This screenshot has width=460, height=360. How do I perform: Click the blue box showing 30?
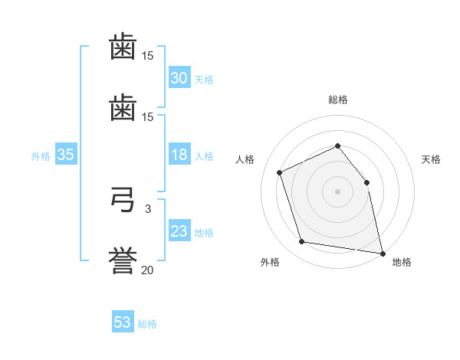click(x=179, y=77)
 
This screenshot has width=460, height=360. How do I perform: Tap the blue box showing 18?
click(x=179, y=154)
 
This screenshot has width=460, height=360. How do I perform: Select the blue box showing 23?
click(x=179, y=230)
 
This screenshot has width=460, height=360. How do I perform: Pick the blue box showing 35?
click(x=66, y=154)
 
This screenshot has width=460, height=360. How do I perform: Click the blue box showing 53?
click(x=123, y=321)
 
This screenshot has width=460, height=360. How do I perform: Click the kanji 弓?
click(x=123, y=200)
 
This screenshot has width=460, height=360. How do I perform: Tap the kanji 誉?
click(x=123, y=260)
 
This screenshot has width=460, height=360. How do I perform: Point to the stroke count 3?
click(x=148, y=209)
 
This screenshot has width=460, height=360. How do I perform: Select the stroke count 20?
click(x=147, y=270)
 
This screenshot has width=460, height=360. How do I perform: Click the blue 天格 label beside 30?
click(x=204, y=80)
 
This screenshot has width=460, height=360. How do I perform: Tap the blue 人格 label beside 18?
click(x=204, y=156)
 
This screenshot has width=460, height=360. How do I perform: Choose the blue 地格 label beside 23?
click(x=204, y=233)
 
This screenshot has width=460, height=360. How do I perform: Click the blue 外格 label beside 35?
click(x=41, y=156)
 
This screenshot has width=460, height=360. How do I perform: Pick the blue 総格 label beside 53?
click(x=147, y=324)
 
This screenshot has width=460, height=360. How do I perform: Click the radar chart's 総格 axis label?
click(x=338, y=100)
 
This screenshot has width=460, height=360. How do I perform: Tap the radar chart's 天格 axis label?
click(x=431, y=159)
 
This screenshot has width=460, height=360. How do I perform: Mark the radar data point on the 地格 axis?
click(x=383, y=254)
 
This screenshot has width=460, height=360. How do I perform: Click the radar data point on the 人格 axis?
click(x=280, y=172)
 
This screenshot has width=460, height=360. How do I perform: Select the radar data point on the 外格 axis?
click(x=302, y=241)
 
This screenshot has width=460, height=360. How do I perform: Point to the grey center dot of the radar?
click(x=337, y=191)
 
